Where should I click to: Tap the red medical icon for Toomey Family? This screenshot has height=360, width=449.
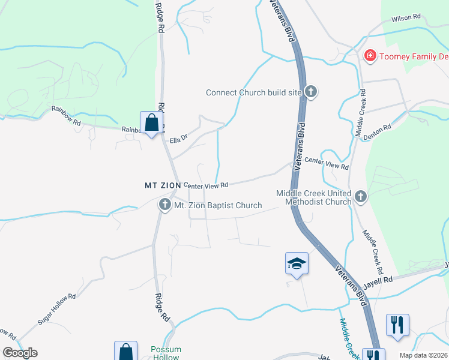point(370,56)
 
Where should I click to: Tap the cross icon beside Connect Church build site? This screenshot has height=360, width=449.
point(310,92)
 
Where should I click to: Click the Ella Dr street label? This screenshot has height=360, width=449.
point(179,140)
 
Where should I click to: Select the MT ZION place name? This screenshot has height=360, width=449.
point(162,185)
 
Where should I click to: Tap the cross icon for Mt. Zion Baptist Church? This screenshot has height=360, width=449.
point(164,205)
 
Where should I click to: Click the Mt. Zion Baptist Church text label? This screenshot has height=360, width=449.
point(217,205)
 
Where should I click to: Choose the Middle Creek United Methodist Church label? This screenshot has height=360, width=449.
point(313,197)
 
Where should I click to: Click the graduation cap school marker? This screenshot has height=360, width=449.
point(297,263)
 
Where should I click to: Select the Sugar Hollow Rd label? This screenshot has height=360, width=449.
point(56,309)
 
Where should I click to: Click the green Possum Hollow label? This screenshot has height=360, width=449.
point(166,353)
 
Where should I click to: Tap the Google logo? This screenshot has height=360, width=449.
point(20,353)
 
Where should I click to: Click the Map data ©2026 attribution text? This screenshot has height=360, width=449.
point(424,355)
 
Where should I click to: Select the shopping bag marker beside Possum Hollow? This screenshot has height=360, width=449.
point(125,352)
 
